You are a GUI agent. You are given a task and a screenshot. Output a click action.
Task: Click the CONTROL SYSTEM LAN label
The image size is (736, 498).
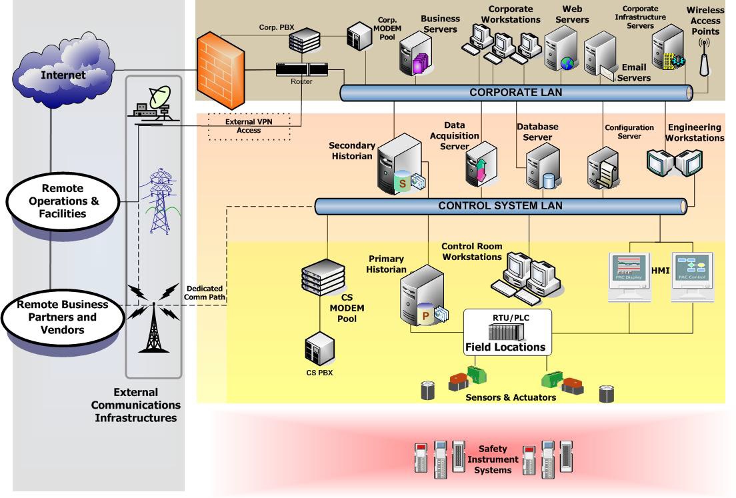500,206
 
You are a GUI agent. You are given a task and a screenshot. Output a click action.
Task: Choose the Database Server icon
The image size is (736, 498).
541,167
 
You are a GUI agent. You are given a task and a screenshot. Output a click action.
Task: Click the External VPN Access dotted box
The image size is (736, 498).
249,126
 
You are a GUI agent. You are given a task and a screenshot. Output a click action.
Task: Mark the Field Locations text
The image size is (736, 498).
505,347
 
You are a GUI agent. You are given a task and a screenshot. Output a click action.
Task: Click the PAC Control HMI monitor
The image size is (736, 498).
692,275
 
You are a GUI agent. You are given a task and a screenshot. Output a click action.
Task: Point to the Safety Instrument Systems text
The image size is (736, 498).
492,460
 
